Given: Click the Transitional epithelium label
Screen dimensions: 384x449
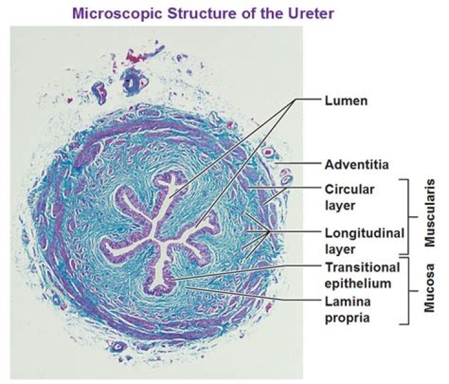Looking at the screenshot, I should click(362, 275).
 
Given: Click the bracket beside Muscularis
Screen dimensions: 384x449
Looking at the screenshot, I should click(410, 216).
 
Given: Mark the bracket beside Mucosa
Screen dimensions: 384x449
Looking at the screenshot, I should click(410, 290).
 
